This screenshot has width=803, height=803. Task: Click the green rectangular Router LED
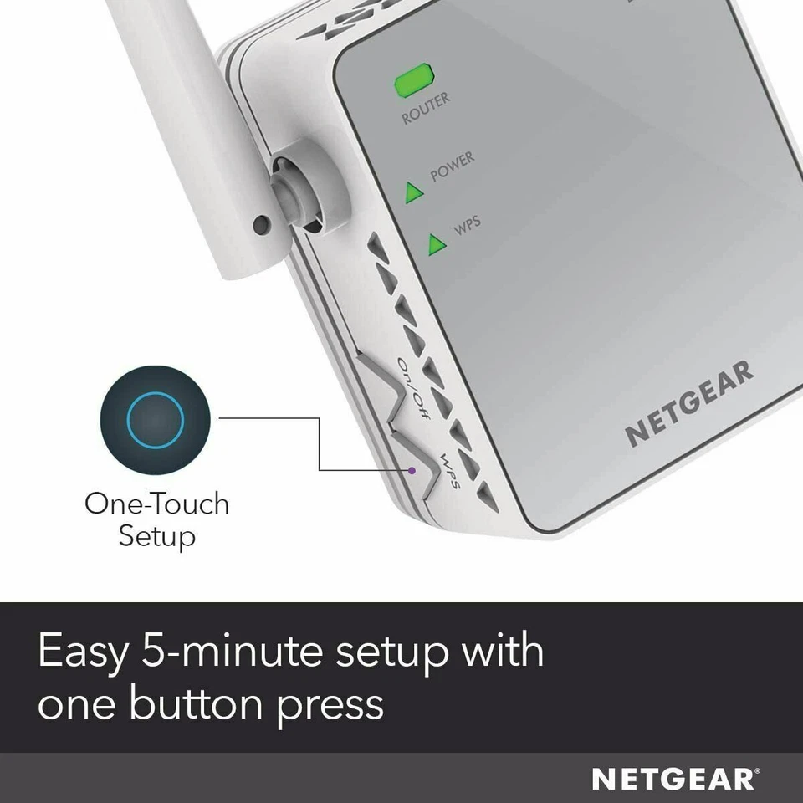tap(414, 82)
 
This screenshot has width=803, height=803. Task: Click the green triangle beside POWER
tap(414, 193)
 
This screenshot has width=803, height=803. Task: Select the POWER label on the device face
tap(452, 167)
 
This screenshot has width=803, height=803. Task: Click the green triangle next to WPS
tap(436, 244)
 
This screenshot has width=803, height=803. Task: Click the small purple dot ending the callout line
tap(412, 470)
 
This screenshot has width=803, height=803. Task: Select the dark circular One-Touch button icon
tap(155, 417)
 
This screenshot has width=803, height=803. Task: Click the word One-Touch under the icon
tap(156, 504)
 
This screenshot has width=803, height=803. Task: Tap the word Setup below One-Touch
tap(156, 535)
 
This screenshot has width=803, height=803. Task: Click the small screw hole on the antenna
tap(262, 223)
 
